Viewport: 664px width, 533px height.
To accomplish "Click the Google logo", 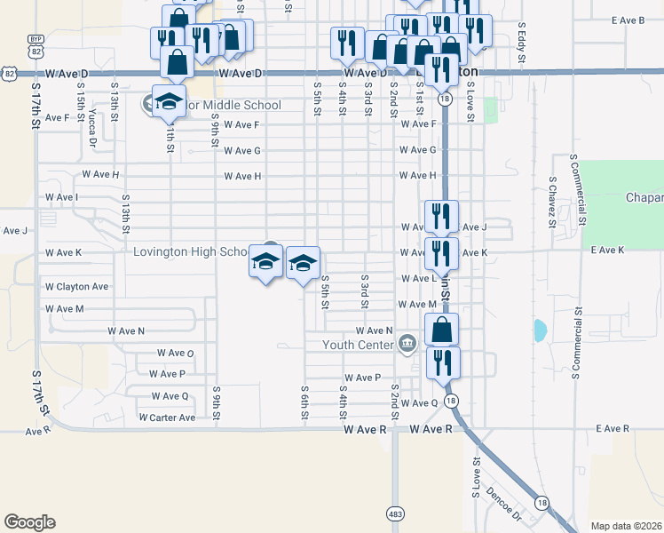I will (x=29, y=522).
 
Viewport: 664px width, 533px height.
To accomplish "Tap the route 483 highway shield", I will (x=395, y=513).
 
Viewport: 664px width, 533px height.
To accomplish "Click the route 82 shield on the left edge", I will (x=7, y=72).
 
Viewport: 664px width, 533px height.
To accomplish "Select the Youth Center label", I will (x=357, y=345).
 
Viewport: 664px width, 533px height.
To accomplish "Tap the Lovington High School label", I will (x=192, y=252).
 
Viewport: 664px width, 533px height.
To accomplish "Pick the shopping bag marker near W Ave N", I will (x=442, y=330).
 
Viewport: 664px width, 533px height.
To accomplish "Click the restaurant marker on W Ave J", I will (x=441, y=216).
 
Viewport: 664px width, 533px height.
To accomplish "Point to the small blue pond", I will (x=540, y=331).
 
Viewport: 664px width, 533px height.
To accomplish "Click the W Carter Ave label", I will (x=167, y=418).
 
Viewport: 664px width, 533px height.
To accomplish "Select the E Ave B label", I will (x=628, y=20).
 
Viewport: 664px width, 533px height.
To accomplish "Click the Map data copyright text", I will (x=625, y=526).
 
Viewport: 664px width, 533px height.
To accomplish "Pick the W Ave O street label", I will (x=172, y=354).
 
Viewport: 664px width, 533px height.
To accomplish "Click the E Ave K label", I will (x=608, y=251).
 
